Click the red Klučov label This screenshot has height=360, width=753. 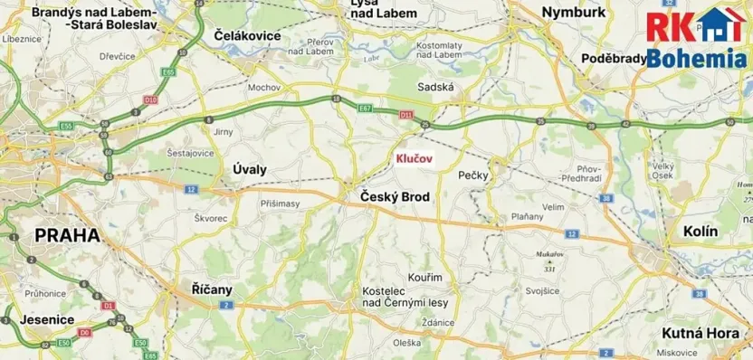coord(415,158)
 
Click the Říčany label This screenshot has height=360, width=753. coord(213,289)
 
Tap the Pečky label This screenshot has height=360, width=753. coord(473,175)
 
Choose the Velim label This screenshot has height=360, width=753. coord(553,207)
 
